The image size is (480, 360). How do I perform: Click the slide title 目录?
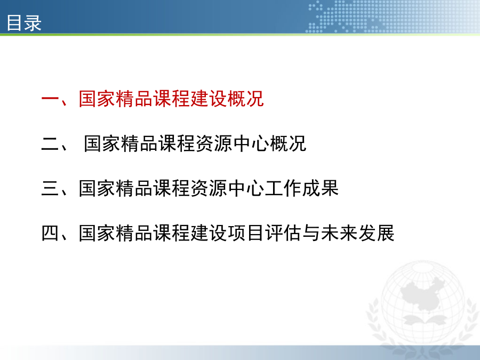(x=24, y=22)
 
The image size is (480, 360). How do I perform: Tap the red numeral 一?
(x=50, y=99)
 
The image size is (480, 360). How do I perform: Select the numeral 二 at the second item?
(x=50, y=144)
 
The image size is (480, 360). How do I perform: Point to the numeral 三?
(x=50, y=188)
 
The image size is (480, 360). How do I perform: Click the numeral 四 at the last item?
(x=50, y=233)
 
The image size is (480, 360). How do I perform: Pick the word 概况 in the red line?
(x=245, y=99)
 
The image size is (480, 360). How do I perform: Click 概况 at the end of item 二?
(x=288, y=143)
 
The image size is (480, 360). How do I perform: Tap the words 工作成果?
(x=301, y=188)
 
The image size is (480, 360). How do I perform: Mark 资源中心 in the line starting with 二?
(x=232, y=143)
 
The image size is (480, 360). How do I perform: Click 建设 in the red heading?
(x=208, y=99)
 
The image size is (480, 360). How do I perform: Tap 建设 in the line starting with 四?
(x=208, y=233)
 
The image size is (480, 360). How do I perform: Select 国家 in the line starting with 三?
(x=97, y=188)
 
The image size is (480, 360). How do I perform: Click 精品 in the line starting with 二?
(x=139, y=143)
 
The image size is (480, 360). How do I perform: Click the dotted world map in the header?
(x=392, y=17)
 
